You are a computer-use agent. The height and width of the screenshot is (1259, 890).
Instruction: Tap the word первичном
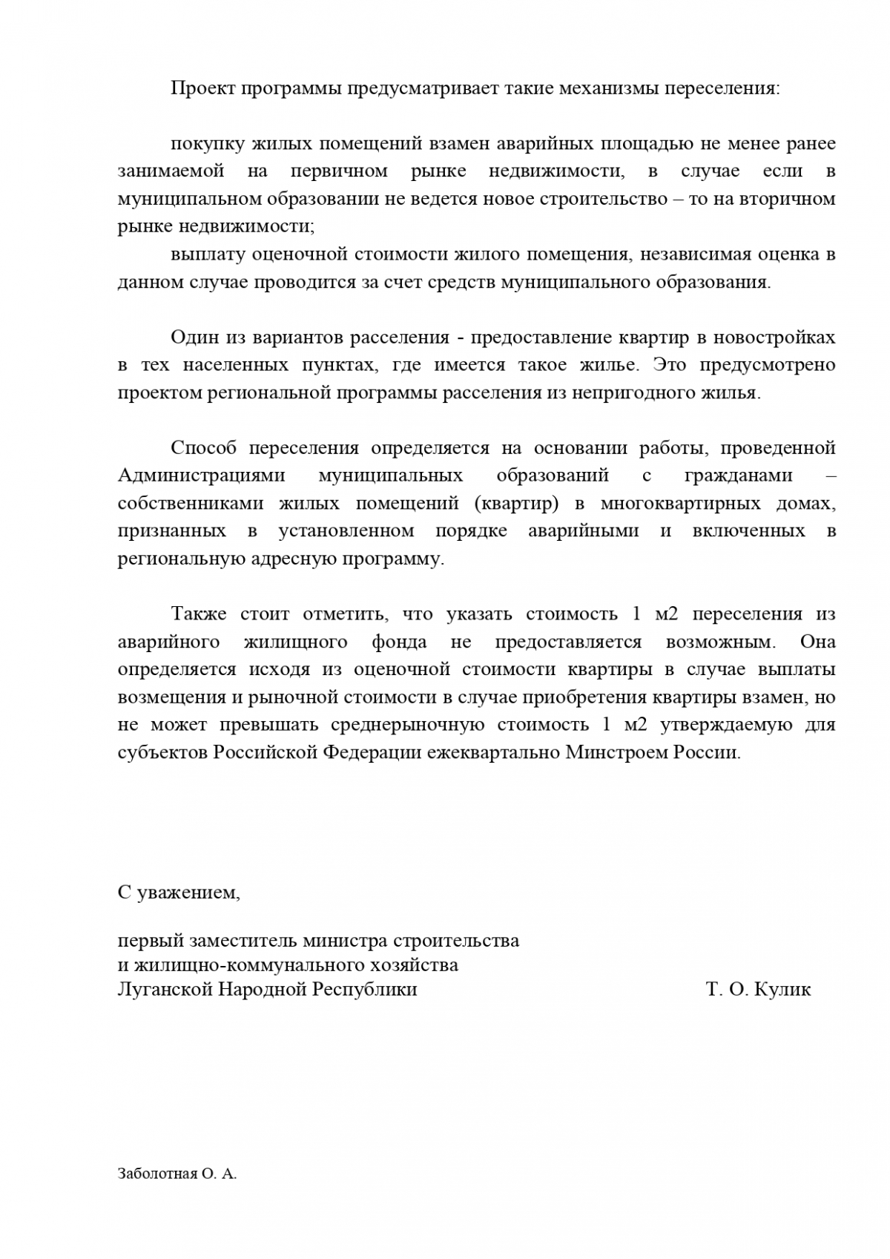(339, 171)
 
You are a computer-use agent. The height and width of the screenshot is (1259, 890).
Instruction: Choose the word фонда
(399, 642)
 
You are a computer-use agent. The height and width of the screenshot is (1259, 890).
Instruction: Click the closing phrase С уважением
(179, 893)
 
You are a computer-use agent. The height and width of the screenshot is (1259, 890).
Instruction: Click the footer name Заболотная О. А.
(177, 1174)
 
